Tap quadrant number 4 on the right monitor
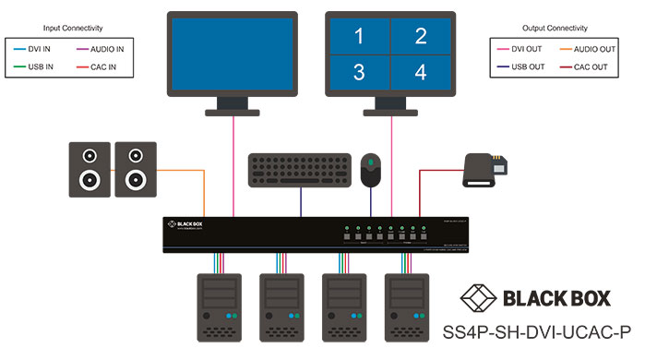[421, 73]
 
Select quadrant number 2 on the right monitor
[421, 37]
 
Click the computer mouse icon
[371, 169]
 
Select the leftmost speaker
[90, 169]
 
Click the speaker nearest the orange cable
[136, 169]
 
